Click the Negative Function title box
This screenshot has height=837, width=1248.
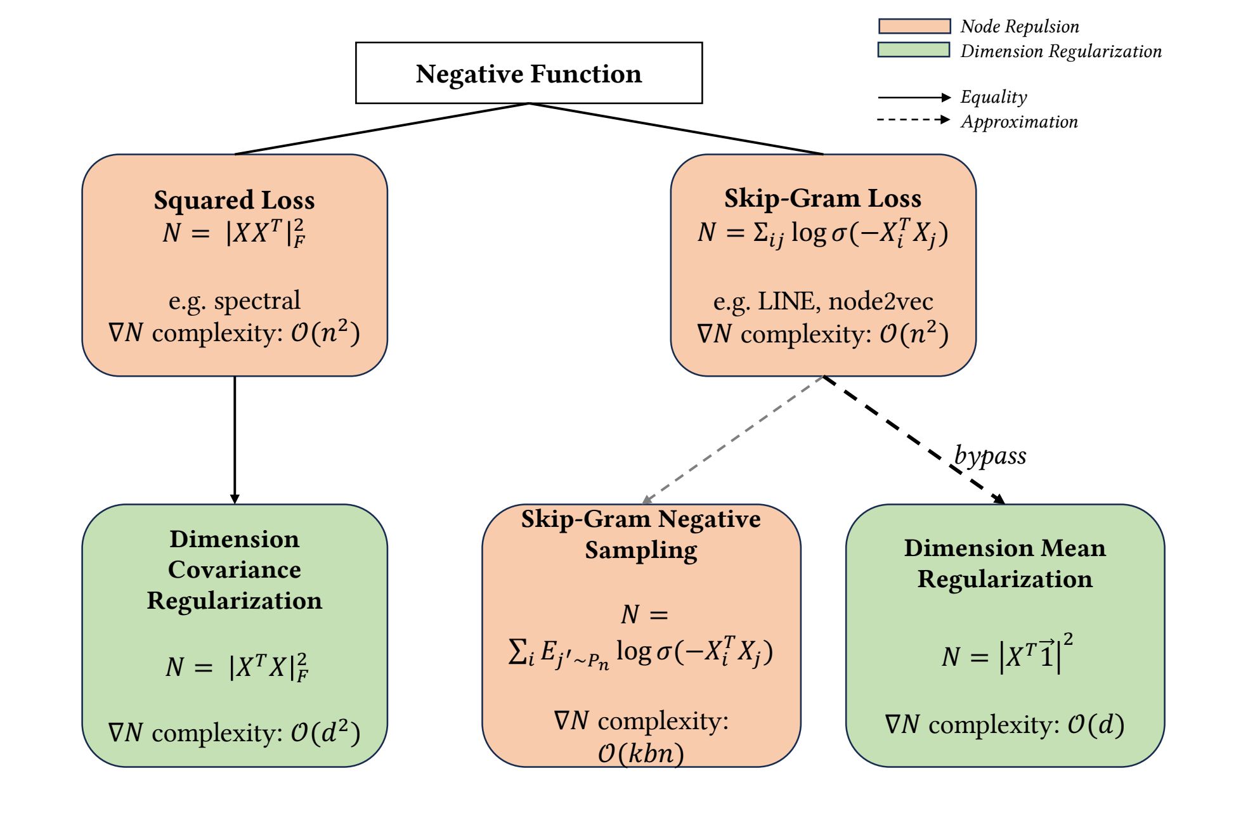coord(529,73)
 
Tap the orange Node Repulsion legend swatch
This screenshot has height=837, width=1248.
coord(914,26)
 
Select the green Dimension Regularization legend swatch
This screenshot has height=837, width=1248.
coord(914,50)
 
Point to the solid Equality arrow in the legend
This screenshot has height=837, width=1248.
coord(914,97)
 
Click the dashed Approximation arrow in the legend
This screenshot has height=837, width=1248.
coord(914,120)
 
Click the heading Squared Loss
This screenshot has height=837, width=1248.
coord(235,200)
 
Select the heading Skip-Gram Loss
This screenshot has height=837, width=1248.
coord(823,198)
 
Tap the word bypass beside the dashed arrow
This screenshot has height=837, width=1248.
coord(990,456)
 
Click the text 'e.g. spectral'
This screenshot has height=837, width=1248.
coord(235,301)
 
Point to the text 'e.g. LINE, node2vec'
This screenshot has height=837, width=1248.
coord(823,302)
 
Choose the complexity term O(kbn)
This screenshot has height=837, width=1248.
coord(641,753)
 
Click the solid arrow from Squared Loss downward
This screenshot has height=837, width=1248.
coord(235,440)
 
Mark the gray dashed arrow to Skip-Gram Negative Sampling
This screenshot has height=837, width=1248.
coord(732,440)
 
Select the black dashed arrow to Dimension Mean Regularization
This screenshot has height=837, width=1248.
coord(914,440)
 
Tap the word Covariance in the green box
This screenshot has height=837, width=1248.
coord(235,570)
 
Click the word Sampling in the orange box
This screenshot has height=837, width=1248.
coord(641,550)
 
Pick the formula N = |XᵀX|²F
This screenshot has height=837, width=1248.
coord(237,667)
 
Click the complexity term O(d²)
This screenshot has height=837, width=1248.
coord(325,733)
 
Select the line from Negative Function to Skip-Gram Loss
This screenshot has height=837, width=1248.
coord(676,129)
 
